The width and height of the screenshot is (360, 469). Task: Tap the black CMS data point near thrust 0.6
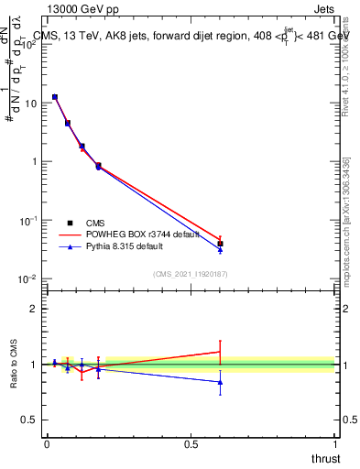[220, 244]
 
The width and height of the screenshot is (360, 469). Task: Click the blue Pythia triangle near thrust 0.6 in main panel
[220, 249]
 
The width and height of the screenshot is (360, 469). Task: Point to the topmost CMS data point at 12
[55, 97]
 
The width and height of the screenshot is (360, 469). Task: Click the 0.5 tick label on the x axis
[191, 443]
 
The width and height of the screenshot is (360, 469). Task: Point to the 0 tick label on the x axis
[47, 443]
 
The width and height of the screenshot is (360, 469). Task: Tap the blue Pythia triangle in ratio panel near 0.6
[220, 382]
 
